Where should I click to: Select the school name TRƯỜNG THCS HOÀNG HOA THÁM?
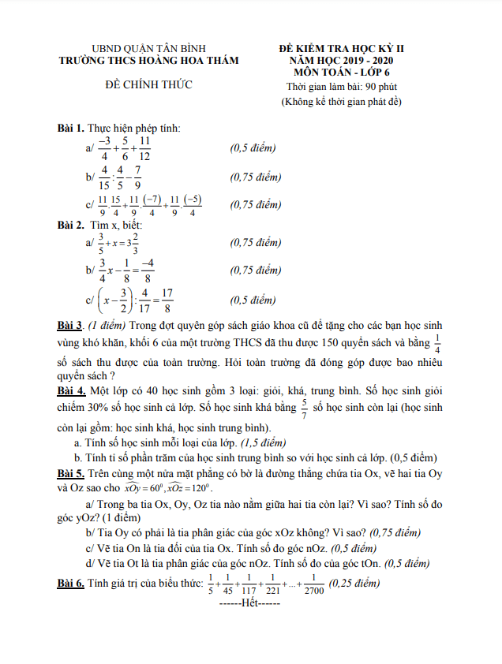(148, 60)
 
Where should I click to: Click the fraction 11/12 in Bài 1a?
(145, 147)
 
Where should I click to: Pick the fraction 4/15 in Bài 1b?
(103, 176)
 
